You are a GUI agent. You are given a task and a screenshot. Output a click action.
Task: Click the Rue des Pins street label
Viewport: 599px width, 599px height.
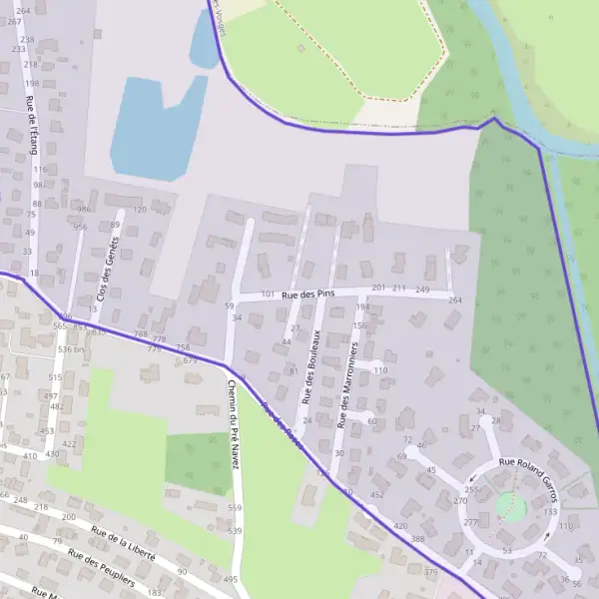point(307,295)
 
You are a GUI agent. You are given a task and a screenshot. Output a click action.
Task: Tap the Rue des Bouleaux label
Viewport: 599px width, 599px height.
point(312,366)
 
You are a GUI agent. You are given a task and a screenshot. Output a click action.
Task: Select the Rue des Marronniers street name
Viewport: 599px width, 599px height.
point(347,384)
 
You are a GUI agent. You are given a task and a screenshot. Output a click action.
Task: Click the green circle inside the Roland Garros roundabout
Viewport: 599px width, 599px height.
point(510,506)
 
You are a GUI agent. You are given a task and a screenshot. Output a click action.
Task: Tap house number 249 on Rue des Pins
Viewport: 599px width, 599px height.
point(422,290)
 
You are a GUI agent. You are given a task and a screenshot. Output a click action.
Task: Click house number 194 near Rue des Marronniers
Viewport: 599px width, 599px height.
point(362,306)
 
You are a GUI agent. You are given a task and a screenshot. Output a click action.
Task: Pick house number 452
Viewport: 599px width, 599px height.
point(376,494)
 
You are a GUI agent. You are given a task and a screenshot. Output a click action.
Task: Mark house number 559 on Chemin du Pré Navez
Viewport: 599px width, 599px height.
point(235,508)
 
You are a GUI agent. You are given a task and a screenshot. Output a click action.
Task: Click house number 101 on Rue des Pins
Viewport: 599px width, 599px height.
point(267,295)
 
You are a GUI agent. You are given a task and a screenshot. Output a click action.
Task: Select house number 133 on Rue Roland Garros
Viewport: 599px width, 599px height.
point(550,511)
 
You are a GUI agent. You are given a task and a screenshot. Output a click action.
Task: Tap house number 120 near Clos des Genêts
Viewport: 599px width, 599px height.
point(140,210)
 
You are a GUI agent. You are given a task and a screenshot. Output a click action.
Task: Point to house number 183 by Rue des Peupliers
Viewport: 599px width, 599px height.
point(154,593)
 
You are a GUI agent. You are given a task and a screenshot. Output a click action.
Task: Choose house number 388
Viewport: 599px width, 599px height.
point(417,539)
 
